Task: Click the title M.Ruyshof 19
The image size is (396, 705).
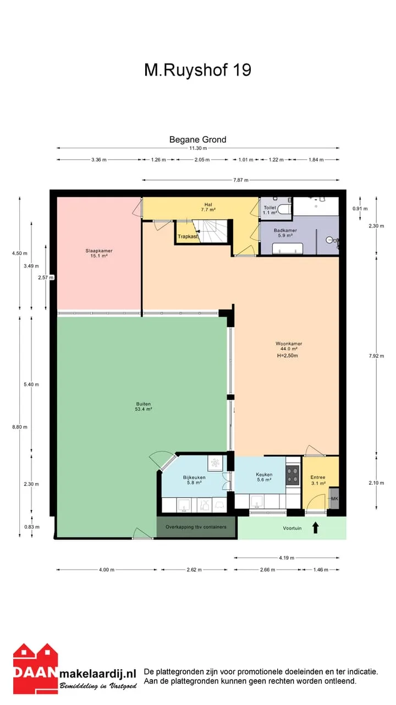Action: [x=197, y=70]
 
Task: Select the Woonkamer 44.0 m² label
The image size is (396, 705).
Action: [x=289, y=346]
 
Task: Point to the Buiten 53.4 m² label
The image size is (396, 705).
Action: [x=144, y=406]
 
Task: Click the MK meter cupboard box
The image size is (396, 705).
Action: [x=334, y=498]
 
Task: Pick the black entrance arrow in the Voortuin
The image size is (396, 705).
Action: [x=316, y=528]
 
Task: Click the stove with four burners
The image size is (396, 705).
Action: [x=292, y=475]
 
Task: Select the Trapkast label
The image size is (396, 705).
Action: [x=188, y=236]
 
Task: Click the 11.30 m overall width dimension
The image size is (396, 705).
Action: [x=198, y=148]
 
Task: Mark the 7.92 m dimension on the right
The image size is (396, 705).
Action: [x=376, y=356]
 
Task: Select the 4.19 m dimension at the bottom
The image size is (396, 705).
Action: [x=287, y=558]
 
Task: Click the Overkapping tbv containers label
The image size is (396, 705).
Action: [x=196, y=527]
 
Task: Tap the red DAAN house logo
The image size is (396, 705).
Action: [x=36, y=668]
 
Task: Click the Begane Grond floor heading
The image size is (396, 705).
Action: [x=197, y=139]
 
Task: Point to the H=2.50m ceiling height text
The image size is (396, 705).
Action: [x=287, y=356]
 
